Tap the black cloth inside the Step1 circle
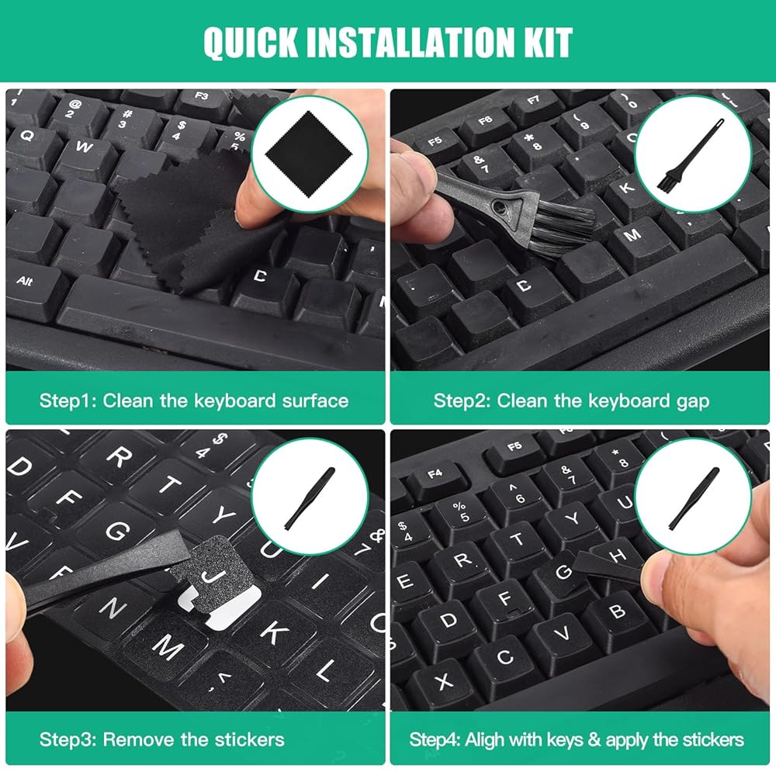[309, 154]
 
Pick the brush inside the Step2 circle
[690, 154]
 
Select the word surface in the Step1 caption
[315, 400]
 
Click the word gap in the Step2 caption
[692, 402]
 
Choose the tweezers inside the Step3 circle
[310, 497]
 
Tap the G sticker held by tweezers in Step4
[565, 572]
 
